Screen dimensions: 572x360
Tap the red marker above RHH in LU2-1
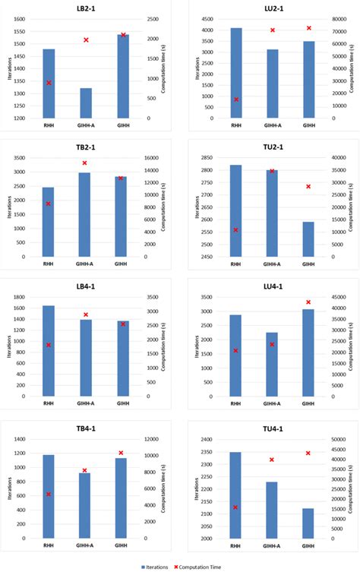(235, 100)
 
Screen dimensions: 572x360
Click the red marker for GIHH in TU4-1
(308, 453)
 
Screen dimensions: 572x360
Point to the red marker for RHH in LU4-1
(235, 351)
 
